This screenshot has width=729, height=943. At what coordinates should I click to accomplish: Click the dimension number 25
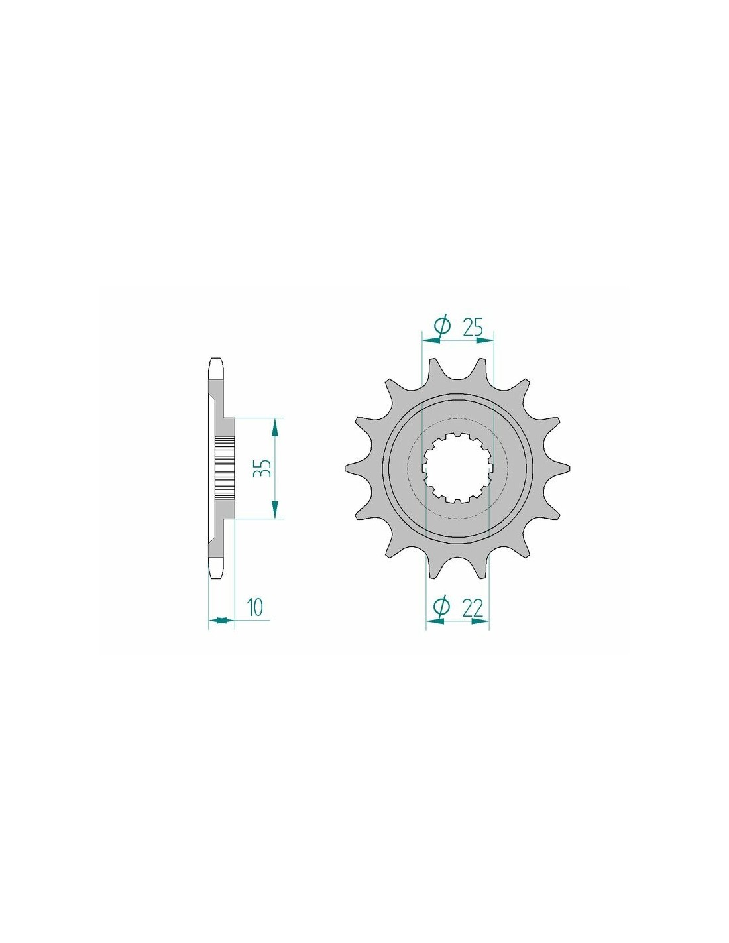pos(473,327)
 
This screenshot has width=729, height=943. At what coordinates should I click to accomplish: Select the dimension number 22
pos(473,608)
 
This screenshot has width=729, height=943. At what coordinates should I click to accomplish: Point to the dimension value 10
pos(256,607)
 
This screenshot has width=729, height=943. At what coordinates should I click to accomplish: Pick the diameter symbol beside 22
pos(441,608)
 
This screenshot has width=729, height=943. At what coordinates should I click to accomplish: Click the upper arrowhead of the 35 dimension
pos(274,428)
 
